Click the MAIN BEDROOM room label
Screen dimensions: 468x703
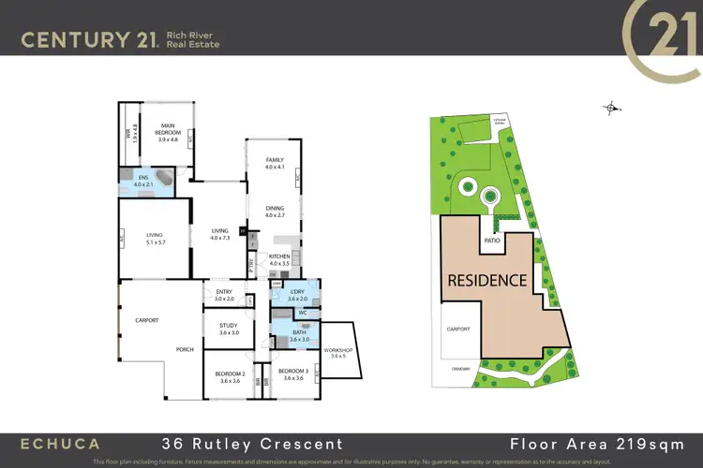[x=169, y=125]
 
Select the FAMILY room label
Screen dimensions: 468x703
[x=274, y=160]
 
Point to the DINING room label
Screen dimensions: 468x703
[x=274, y=211]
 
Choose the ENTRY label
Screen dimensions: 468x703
[x=223, y=293]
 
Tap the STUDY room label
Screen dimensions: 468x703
[x=229, y=326]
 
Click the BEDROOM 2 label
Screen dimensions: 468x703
[x=229, y=374]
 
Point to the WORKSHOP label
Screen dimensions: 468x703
[x=338, y=350]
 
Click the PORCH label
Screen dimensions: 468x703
[x=185, y=350]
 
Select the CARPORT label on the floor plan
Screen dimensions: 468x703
[x=146, y=320]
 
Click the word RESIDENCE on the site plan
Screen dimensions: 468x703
[x=486, y=279]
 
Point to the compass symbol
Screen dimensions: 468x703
[x=611, y=109]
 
